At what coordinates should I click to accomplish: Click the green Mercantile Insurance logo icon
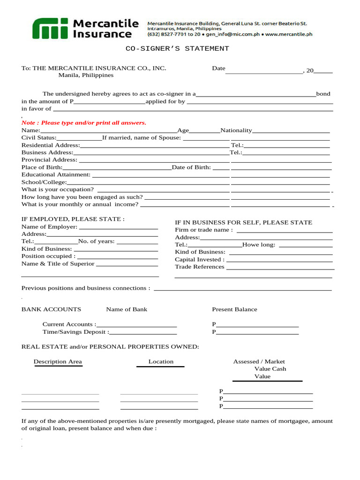click(50, 29)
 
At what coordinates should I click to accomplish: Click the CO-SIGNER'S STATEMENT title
click(177, 49)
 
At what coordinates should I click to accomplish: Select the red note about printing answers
click(84, 123)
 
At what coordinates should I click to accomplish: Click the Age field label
click(183, 130)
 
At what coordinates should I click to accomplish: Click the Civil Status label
click(39, 138)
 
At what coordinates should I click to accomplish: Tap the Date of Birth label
click(191, 167)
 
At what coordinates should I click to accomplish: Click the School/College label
click(44, 182)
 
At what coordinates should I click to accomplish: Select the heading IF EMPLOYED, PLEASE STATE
click(73, 219)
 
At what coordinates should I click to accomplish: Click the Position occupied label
click(48, 256)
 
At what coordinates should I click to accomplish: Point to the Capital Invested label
click(200, 259)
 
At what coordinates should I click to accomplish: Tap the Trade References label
click(200, 267)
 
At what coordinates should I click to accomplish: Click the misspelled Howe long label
click(259, 245)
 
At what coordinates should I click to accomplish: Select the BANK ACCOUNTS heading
click(51, 309)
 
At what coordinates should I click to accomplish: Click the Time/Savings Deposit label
click(76, 332)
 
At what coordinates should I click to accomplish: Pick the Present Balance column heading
click(234, 309)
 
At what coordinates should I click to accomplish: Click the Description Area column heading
click(58, 361)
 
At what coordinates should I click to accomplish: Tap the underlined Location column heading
click(161, 361)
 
